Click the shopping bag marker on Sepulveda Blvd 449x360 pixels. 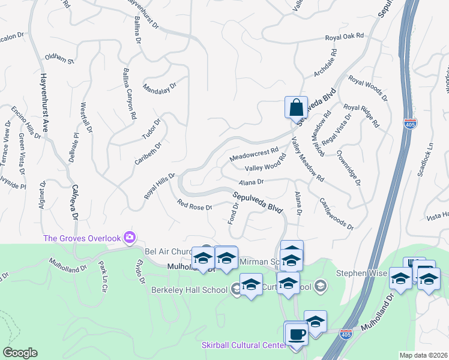click(x=296, y=108)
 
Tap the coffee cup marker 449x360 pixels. click(x=296, y=334)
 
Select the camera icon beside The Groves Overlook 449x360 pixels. click(x=128, y=237)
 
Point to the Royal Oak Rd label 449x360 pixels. click(x=345, y=37)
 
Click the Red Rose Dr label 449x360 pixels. click(x=194, y=206)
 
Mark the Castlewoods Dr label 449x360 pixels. click(x=336, y=214)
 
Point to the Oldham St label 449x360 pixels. click(x=59, y=59)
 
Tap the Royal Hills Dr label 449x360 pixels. click(x=158, y=187)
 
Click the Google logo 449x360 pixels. click(x=20, y=353)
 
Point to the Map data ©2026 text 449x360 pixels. click(x=423, y=355)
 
